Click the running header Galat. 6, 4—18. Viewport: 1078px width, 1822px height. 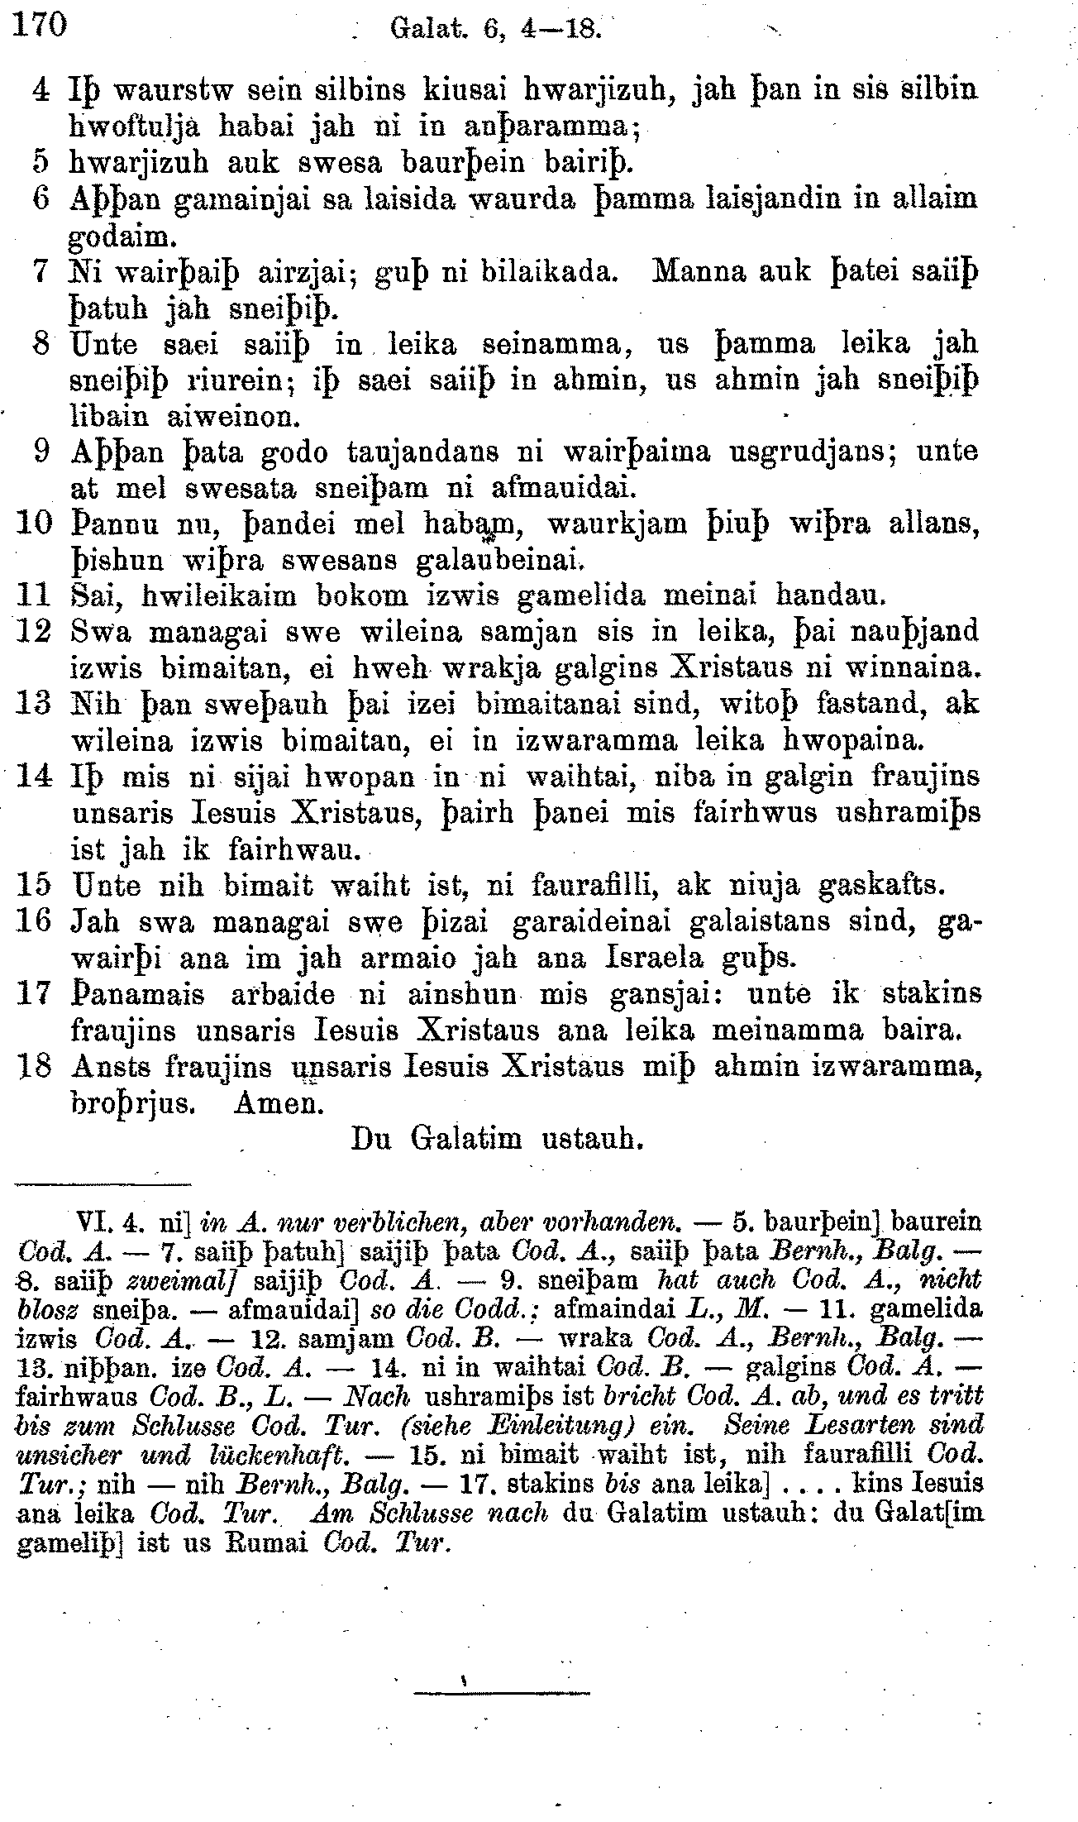pos(494,30)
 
